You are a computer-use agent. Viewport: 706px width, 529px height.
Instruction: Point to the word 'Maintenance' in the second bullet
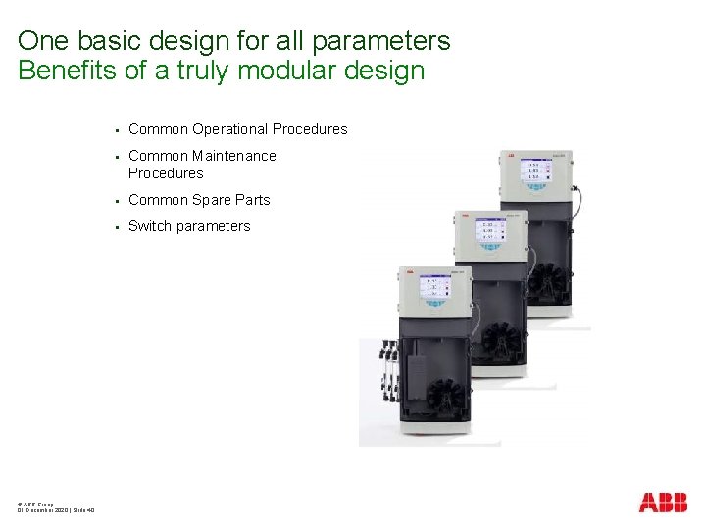pos(234,156)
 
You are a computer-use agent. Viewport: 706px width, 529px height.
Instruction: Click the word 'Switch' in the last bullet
pos(149,226)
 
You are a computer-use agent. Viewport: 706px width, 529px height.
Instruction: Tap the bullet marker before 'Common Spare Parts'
pos(116,201)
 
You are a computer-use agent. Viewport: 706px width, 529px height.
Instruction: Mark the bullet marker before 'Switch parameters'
pos(116,227)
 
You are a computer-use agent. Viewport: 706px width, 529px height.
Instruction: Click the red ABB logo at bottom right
pos(663,503)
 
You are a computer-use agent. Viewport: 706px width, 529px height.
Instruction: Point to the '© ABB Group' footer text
pos(35,502)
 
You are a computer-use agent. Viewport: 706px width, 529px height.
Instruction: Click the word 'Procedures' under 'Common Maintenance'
pos(166,173)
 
